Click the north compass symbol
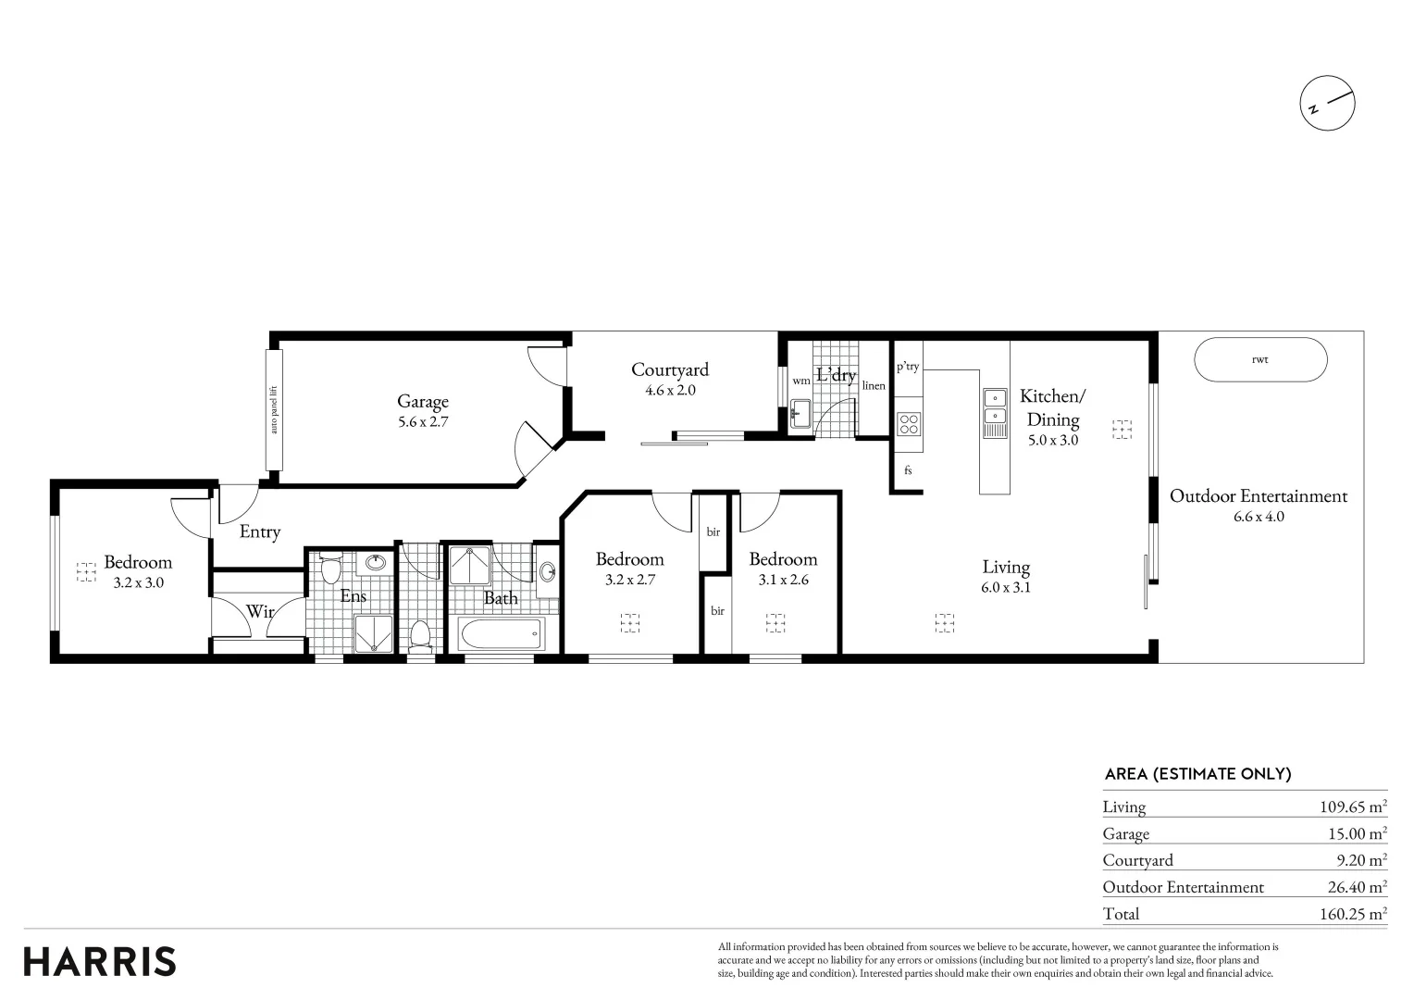click(x=1327, y=104)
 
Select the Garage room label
click(x=423, y=401)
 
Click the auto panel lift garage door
click(x=274, y=410)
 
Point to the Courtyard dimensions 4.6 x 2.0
click(x=670, y=391)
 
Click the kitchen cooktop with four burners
click(x=909, y=424)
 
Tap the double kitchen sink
click(x=995, y=413)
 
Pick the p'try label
click(x=908, y=367)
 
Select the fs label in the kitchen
click(x=908, y=470)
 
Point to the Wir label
click(x=259, y=611)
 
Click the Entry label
click(x=259, y=531)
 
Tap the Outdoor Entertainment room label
click(x=1259, y=496)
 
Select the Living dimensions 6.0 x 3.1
click(x=1006, y=587)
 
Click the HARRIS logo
click(x=100, y=961)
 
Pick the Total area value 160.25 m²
click(x=1353, y=914)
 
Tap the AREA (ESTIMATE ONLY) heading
click(x=1197, y=774)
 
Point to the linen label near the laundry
click(x=874, y=385)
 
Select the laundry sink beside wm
click(x=800, y=413)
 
